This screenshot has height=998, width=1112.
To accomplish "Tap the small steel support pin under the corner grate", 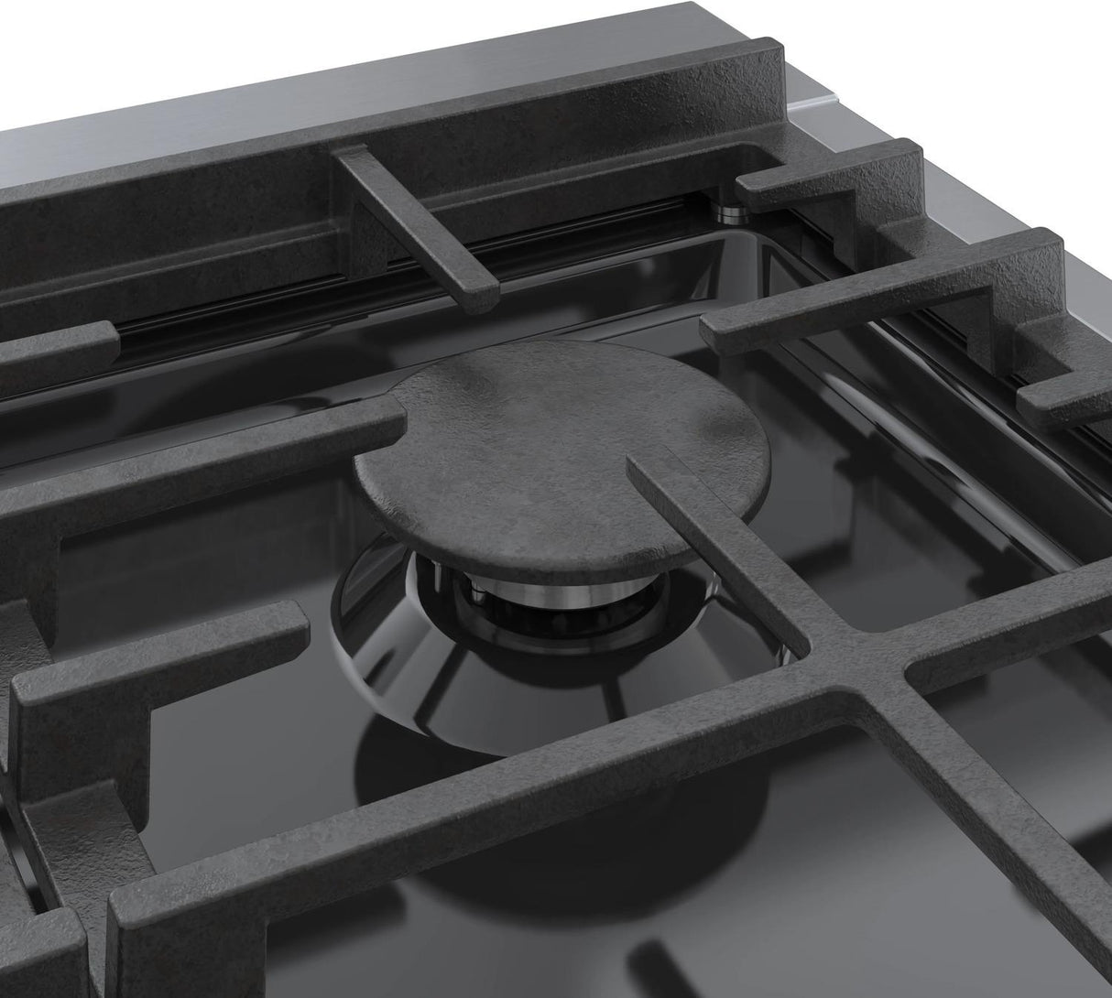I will [x=733, y=213].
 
